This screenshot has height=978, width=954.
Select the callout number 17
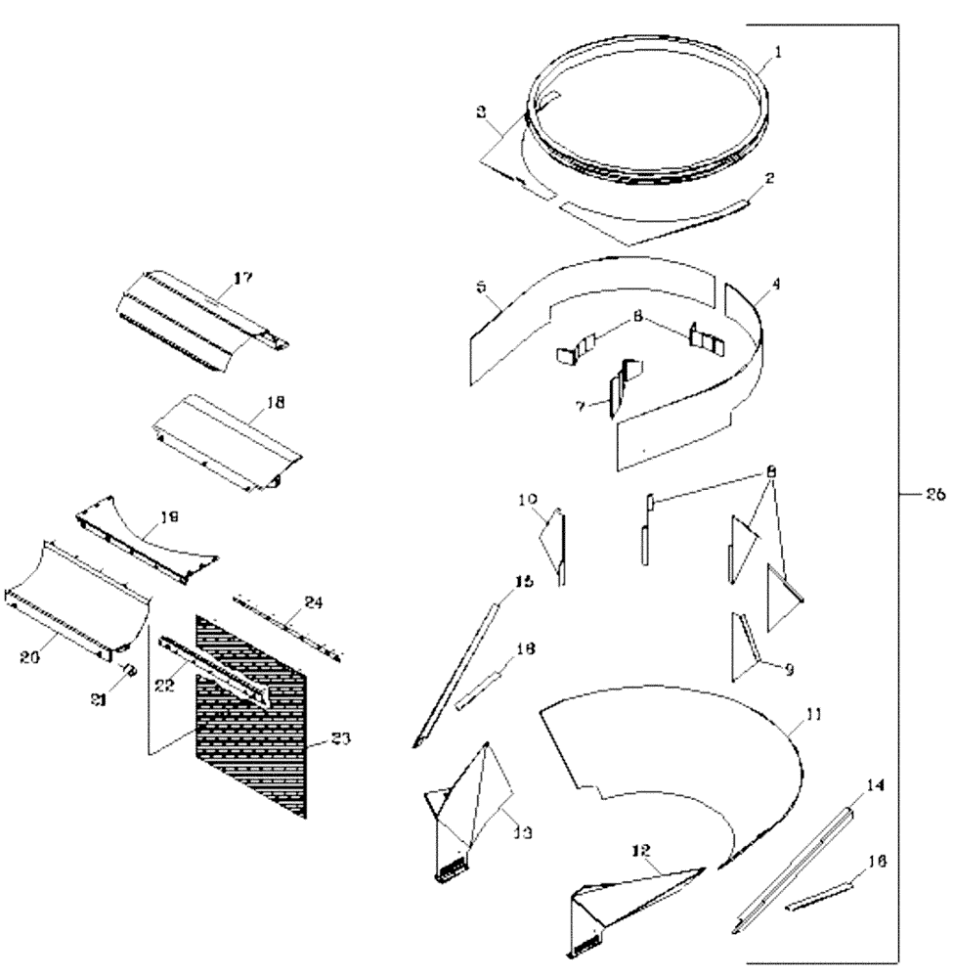tap(242, 279)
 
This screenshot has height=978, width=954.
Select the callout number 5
tap(481, 288)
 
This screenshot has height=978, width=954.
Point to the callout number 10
tap(528, 500)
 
